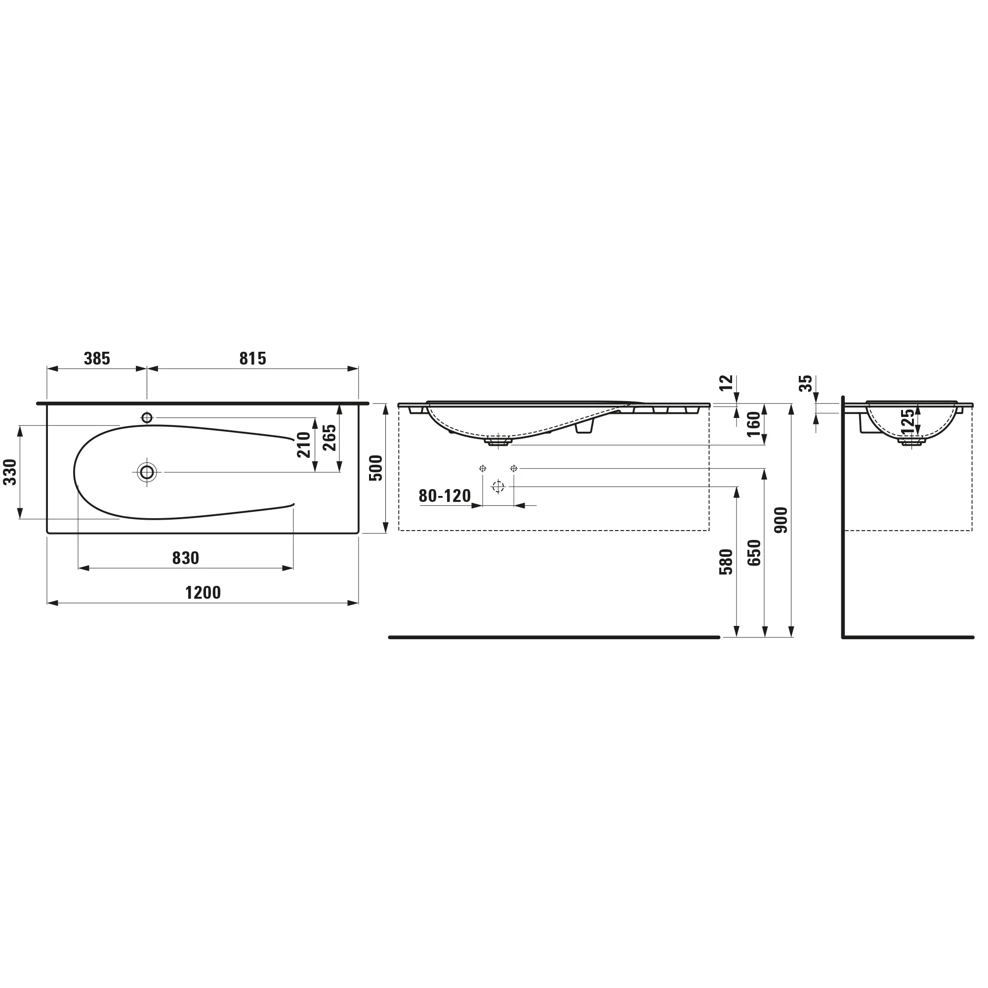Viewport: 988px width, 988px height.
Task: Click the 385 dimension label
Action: tap(97, 359)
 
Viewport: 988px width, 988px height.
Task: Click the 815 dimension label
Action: tap(252, 359)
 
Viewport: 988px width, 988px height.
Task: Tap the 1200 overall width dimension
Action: tap(203, 593)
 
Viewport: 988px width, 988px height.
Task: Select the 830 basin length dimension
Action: tap(186, 558)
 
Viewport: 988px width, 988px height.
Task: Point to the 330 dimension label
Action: tap(10, 472)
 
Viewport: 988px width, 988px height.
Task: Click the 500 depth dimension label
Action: tap(376, 468)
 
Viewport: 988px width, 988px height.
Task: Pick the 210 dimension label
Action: tap(304, 445)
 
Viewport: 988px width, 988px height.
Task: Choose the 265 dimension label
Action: tap(329, 438)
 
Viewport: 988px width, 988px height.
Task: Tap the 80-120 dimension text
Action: tap(445, 495)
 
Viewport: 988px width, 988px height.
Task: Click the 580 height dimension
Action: tap(726, 562)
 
